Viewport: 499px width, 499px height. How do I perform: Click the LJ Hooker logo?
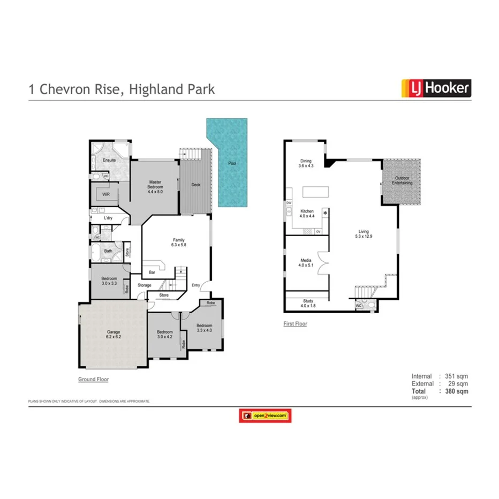[436, 88]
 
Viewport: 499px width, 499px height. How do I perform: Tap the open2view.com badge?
[266, 415]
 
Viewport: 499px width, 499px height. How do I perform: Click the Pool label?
[232, 163]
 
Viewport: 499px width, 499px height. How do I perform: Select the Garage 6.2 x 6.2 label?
[113, 335]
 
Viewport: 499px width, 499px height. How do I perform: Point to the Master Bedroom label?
[155, 185]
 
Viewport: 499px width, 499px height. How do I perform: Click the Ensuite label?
[109, 160]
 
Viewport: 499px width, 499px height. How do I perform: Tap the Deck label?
[196, 185]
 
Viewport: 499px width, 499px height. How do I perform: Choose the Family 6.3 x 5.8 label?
[179, 242]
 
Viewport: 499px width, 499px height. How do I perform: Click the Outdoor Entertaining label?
[402, 180]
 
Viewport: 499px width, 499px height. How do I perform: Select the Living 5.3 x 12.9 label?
[364, 234]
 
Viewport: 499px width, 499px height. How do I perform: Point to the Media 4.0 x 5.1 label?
[306, 263]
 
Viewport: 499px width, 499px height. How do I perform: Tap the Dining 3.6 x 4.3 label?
[305, 163]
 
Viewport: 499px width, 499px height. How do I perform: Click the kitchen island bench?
[314, 192]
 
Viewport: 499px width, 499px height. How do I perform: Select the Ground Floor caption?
[93, 379]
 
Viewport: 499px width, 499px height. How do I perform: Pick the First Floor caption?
[295, 324]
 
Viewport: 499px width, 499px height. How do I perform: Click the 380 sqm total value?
[458, 391]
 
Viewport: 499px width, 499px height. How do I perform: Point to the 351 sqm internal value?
[458, 376]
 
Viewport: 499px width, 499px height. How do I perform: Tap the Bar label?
[152, 273]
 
